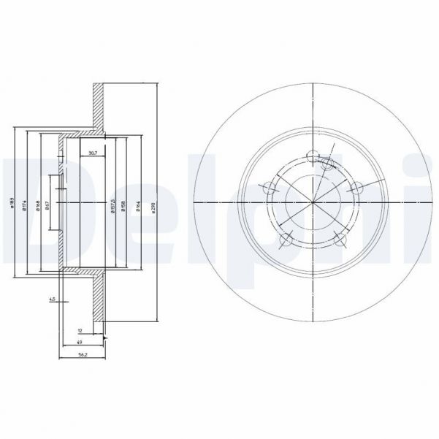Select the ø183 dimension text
tap(12, 205)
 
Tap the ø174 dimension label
tap(26, 205)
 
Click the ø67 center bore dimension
tap(47, 205)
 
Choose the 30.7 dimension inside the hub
tap(92, 153)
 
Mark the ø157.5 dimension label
tap(112, 205)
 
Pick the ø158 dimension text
tap(123, 205)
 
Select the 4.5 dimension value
tap(53, 299)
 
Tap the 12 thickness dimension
tap(80, 331)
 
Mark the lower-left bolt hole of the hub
tap(286, 238)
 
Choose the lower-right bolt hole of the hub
tap(339, 238)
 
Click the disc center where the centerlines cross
tap(313, 202)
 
